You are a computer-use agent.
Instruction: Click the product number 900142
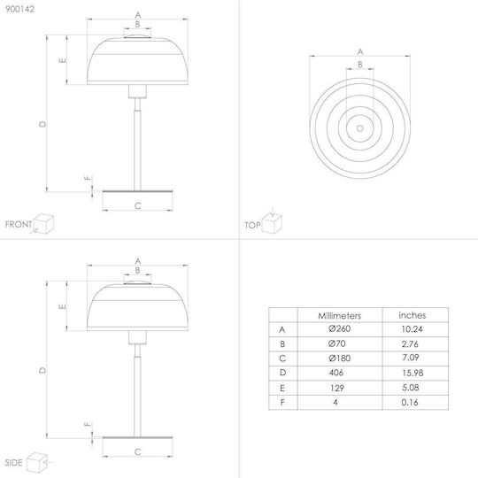pos(19,9)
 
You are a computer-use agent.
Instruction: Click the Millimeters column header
pos(339,315)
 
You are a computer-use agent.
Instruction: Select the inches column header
pos(412,315)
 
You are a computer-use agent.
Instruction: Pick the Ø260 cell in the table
pos(340,328)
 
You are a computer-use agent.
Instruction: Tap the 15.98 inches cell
pos(412,373)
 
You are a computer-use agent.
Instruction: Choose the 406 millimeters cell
pos(336,372)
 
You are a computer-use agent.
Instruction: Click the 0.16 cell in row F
pos(410,403)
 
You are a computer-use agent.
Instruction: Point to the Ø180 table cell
pos(340,358)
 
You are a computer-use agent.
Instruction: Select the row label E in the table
pos(282,388)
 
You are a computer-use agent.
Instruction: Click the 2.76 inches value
pos(410,343)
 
